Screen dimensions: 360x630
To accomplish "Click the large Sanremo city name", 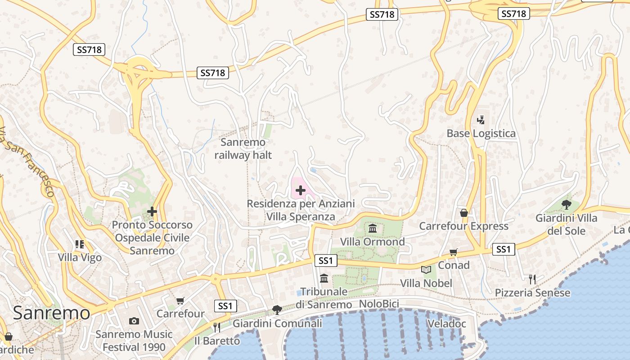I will point(51,313).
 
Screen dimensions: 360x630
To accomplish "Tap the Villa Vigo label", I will point(80,258).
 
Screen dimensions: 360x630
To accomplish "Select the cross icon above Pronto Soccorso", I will point(152,211).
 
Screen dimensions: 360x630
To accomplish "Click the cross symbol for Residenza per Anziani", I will point(300,191).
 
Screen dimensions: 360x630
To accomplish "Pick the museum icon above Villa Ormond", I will point(373,229).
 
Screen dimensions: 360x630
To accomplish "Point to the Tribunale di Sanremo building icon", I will point(324,279).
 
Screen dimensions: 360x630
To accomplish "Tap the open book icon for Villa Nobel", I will point(426,270).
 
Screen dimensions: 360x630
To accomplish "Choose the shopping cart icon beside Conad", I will point(454,252).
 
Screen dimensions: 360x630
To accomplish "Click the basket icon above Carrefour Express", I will point(463,213).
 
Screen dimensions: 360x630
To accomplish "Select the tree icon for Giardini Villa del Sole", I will point(566,205).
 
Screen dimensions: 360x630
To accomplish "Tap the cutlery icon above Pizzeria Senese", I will point(532,279).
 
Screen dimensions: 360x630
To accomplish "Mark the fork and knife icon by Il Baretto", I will point(216,327).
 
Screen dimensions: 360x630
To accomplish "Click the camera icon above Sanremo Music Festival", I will point(134,321).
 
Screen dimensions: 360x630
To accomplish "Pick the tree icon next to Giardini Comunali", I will point(277,310).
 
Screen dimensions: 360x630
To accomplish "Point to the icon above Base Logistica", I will point(481,120).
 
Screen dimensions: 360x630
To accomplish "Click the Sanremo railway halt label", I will point(243,149).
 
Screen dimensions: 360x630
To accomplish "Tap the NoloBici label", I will point(379,304).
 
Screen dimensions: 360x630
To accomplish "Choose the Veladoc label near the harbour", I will point(446,324).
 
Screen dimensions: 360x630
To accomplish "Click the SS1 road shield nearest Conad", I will point(503,249).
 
